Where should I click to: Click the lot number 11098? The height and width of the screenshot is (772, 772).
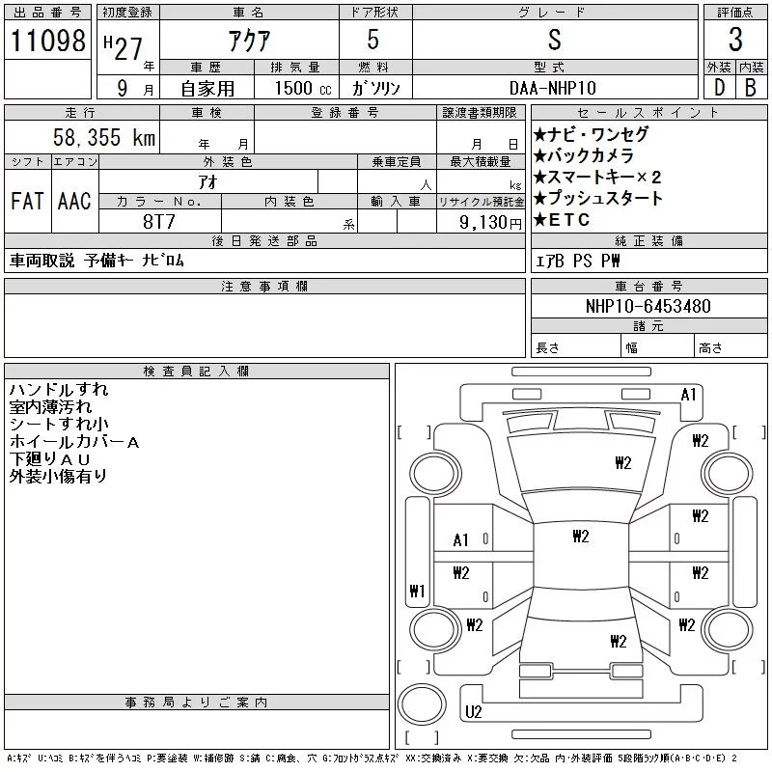pos(47,41)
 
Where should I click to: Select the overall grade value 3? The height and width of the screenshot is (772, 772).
pos(735,40)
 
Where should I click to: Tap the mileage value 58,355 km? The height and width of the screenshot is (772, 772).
pos(104,137)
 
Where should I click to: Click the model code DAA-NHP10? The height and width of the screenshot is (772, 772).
pos(552,88)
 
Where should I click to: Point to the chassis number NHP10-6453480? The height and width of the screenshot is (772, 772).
pos(648,306)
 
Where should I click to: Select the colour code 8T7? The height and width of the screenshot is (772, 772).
pos(159,222)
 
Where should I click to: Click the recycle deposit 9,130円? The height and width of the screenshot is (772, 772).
pos(490,223)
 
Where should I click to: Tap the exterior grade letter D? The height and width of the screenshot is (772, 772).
pos(719,88)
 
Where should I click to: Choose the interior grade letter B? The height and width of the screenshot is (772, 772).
pos(751,88)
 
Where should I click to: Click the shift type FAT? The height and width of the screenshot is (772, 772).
pos(27,201)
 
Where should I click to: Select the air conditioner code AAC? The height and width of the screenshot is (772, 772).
pos(74,201)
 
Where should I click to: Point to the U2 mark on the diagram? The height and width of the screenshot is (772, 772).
pos(473,712)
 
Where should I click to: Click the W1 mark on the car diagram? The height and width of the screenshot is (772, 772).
pos(417,591)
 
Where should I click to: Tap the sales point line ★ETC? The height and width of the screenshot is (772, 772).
pos(562,220)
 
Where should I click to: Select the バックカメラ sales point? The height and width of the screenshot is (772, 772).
pos(584,156)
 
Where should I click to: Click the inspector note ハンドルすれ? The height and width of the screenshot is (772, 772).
pos(59,390)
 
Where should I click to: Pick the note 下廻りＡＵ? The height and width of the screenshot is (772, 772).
pos(50,459)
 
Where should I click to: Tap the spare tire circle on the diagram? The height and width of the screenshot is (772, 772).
pos(422,704)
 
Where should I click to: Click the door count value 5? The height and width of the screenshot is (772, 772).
pos(373,40)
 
